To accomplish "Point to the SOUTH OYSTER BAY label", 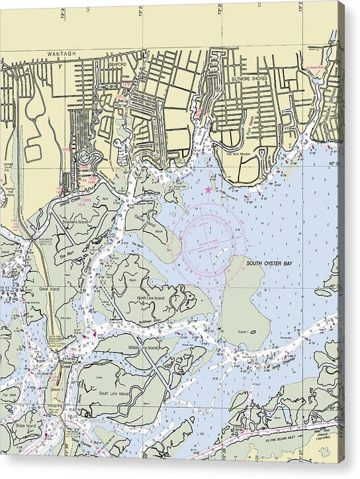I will point(269,263).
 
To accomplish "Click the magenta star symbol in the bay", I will point(209,190).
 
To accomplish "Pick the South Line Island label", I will point(112,393).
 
